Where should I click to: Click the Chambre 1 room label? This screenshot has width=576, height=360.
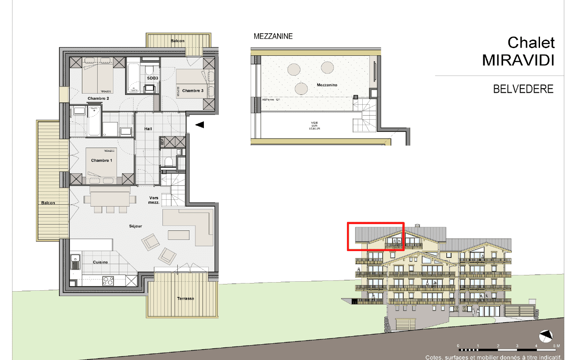point(101,161)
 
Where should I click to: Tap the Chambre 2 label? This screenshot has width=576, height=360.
point(98,99)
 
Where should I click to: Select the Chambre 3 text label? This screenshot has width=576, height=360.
point(193,91)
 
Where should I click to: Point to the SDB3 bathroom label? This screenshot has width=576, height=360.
point(153,78)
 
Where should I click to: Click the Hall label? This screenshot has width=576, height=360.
point(148,129)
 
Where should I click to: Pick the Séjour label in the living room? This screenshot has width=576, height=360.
point(135,226)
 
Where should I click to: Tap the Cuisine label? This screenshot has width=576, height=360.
point(100,262)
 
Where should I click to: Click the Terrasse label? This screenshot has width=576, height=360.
point(185,299)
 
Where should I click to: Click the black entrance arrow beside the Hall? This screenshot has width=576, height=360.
point(199,125)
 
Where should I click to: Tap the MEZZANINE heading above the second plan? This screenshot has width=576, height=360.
point(273,36)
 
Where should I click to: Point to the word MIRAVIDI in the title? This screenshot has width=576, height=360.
point(518,60)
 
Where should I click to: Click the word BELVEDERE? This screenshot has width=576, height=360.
point(523,89)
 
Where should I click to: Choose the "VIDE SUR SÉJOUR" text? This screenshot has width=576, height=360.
point(315,126)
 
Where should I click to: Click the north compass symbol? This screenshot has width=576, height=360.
point(545,336)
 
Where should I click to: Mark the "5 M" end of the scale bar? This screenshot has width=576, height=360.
point(557,346)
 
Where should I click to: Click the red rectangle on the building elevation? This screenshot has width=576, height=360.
point(375,236)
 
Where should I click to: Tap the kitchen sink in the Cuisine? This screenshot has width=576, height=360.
point(75,261)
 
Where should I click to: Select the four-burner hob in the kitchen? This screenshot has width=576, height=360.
point(108,280)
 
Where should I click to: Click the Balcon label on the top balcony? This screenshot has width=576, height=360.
point(177,41)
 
